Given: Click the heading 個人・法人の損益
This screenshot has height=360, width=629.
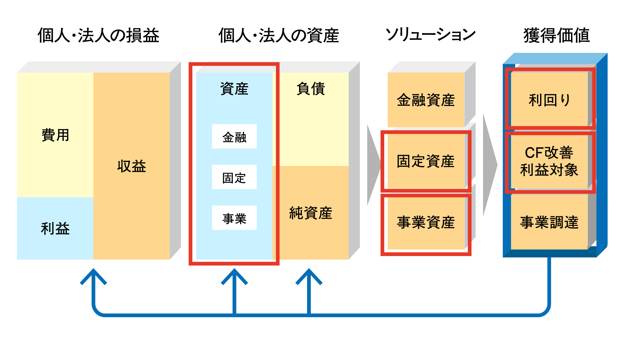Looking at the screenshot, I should (98, 35).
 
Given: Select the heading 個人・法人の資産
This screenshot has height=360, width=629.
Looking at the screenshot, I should (279, 35).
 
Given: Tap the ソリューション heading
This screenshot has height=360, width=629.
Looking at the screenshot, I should (430, 35).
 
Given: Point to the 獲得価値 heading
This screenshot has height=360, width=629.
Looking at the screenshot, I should (556, 35).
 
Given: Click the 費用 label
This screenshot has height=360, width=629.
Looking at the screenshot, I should (55, 135).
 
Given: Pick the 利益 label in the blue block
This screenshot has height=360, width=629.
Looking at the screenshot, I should (55, 229).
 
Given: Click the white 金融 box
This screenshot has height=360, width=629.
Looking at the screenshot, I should (234, 137).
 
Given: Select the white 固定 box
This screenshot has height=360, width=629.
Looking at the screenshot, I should (234, 177).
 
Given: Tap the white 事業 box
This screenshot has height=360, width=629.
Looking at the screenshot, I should (234, 218).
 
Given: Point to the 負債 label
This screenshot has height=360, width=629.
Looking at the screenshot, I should (310, 89).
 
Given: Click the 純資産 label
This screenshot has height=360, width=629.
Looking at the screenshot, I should (310, 213).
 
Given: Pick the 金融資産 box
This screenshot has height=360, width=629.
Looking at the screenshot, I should (426, 100).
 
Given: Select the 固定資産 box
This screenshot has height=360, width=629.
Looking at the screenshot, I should (426, 161).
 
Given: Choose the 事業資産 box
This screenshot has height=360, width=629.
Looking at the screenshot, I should (426, 222).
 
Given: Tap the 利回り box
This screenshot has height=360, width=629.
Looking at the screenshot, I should (549, 100).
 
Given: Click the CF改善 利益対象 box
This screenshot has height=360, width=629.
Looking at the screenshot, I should (549, 161).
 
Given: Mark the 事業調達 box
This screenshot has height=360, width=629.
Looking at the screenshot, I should (549, 222).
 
